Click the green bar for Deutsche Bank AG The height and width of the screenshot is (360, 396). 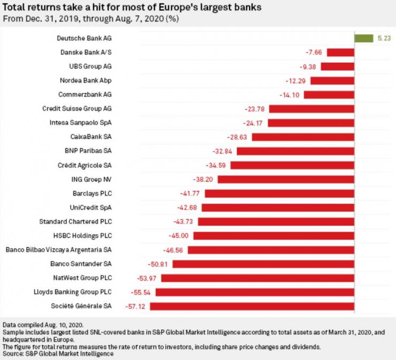tap(363, 38)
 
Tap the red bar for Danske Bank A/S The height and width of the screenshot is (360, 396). tap(340, 52)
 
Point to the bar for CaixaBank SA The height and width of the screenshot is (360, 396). tap(303, 137)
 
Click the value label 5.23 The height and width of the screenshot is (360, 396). tap(383, 38)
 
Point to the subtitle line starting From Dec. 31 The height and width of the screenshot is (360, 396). tap(91, 19)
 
